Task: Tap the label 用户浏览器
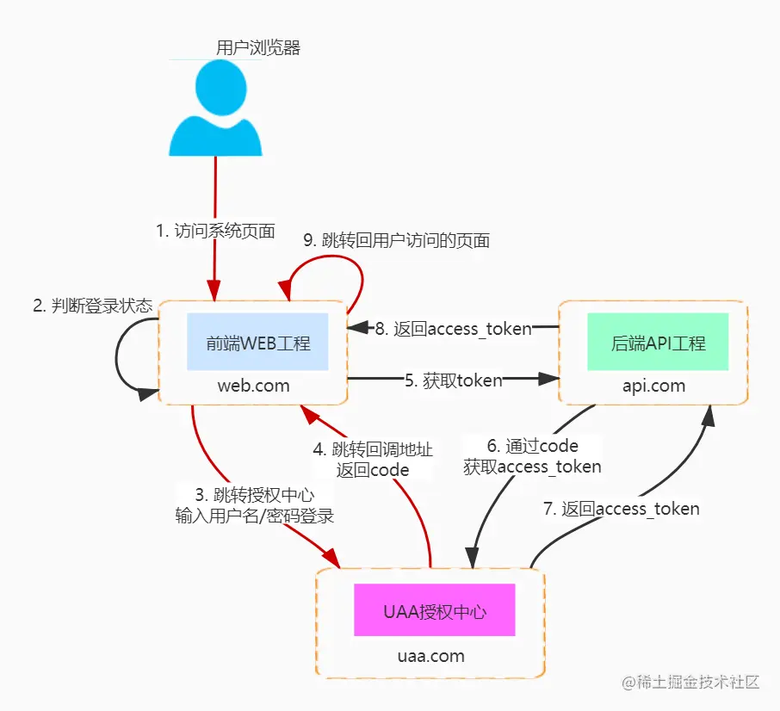pyautogui.click(x=258, y=48)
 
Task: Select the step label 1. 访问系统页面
pyautogui.click(x=215, y=231)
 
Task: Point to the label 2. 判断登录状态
pyautogui.click(x=92, y=306)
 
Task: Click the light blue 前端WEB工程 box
pyautogui.click(x=257, y=342)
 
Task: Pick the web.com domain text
pyautogui.click(x=253, y=386)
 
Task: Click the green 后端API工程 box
pyautogui.click(x=658, y=342)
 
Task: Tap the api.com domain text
pyautogui.click(x=654, y=386)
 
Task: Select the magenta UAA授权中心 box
pyautogui.click(x=435, y=612)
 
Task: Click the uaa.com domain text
pyautogui.click(x=430, y=656)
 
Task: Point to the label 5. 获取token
pyautogui.click(x=454, y=380)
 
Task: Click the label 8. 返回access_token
pyautogui.click(x=453, y=328)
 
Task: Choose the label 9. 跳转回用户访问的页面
pyautogui.click(x=398, y=241)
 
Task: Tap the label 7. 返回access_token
pyautogui.click(x=621, y=509)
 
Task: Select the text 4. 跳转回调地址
pyautogui.click(x=372, y=449)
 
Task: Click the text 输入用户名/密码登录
pyautogui.click(x=254, y=516)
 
